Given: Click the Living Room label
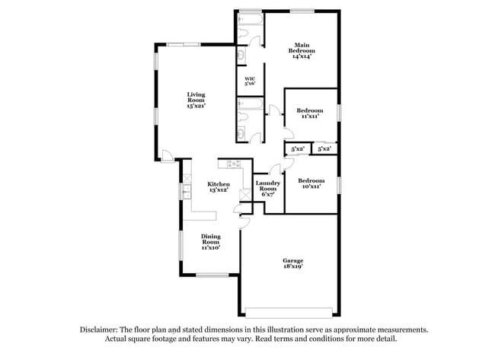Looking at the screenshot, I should pos(196,100).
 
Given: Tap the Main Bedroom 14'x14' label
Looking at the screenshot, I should pos(302,50).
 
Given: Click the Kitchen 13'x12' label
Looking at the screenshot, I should pos(219,186).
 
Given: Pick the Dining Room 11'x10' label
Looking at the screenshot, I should pos(210,242).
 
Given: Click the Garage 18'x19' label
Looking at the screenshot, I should pos(292,265).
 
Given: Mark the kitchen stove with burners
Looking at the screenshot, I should pos(230,162).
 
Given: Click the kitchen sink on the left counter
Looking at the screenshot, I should pos(185,191).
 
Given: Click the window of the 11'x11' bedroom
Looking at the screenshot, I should pos(339,112).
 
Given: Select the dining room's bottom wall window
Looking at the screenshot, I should pos(206,275).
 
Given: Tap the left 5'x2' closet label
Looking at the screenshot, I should pos(297,149).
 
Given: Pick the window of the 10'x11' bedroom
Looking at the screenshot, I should pos(339,183).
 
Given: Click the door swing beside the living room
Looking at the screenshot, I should pos(166,156).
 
